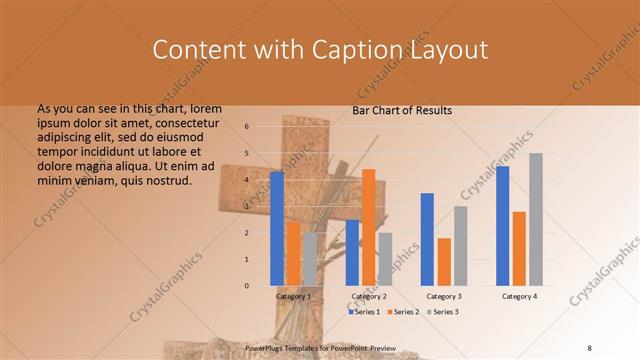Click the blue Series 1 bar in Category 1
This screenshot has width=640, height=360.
click(x=277, y=229)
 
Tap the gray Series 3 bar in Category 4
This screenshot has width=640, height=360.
click(x=536, y=220)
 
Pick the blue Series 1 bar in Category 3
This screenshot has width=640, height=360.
click(x=427, y=240)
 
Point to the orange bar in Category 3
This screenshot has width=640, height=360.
click(x=444, y=262)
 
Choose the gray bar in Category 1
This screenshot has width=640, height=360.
click(x=310, y=260)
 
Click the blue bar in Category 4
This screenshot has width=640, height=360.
click(x=503, y=226)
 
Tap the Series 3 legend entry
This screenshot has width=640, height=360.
click(x=443, y=312)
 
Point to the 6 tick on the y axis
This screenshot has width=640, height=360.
click(x=246, y=127)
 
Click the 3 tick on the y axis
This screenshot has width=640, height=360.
click(x=246, y=206)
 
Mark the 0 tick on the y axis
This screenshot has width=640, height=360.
click(x=246, y=286)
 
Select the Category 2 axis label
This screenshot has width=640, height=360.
click(x=369, y=297)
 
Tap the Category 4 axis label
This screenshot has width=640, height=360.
click(x=519, y=297)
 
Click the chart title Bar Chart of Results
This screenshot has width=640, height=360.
click(x=402, y=110)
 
